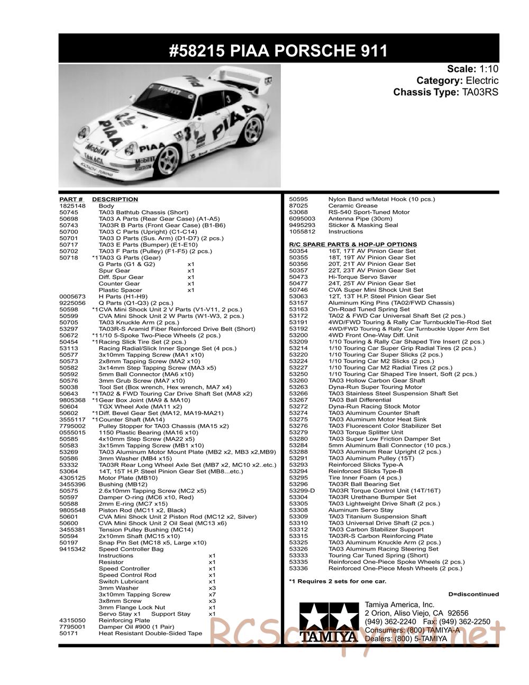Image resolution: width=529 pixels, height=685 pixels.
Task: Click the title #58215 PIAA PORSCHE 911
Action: tap(278, 50)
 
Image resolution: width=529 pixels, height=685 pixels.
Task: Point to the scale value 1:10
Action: tap(488, 69)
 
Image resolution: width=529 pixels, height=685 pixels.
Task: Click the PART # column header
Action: tap(71, 199)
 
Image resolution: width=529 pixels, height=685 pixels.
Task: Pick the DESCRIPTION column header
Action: tap(115, 199)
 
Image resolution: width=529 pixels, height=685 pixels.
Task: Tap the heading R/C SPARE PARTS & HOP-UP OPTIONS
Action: tap(353, 244)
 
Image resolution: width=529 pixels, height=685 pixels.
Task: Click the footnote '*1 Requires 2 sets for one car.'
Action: tap(338, 581)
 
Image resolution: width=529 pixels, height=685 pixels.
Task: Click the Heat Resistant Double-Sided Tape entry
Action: tap(150, 633)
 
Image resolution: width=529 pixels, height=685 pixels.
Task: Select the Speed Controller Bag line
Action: tap(131, 549)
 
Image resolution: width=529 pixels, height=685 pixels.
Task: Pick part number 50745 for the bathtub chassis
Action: tap(69, 212)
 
